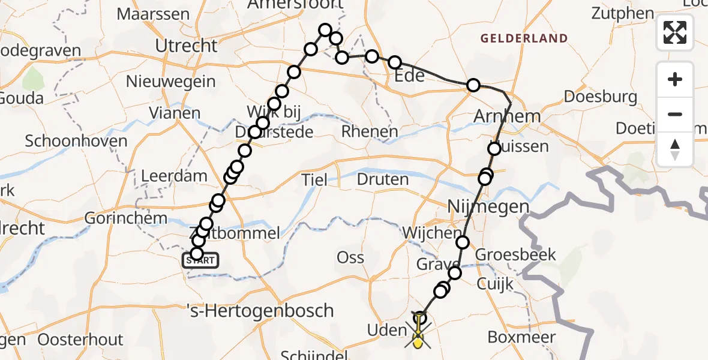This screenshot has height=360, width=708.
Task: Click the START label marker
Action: [x=200, y=260]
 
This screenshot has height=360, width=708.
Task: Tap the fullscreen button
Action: [x=675, y=32]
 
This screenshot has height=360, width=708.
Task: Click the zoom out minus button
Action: [x=675, y=114]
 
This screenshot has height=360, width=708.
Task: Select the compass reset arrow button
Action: [x=675, y=149]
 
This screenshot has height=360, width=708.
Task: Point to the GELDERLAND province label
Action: [x=524, y=38]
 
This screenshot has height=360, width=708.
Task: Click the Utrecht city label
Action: [x=186, y=46]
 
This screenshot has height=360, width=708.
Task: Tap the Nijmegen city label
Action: [x=488, y=207]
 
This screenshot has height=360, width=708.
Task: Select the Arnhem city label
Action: [x=506, y=116]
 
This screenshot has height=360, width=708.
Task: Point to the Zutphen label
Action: [x=622, y=13]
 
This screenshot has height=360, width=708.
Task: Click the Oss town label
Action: [x=350, y=257]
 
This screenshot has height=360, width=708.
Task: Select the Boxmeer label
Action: [x=521, y=337]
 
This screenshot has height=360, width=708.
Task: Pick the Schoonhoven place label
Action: [x=76, y=141]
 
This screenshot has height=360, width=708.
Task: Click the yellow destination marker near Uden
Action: [x=417, y=341]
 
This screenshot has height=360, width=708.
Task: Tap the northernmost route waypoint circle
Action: [x=325, y=30]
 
